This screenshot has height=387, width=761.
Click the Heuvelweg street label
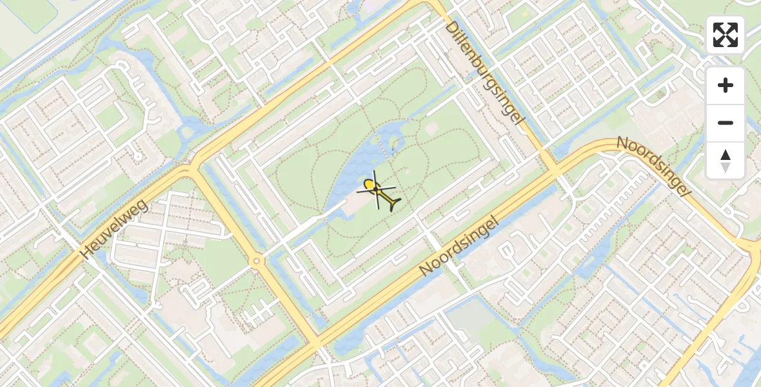(x=114, y=230)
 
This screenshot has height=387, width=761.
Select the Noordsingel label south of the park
(x=460, y=246)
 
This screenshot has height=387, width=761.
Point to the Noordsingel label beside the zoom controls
(x=653, y=167)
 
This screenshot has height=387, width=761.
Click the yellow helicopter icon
(x=379, y=192)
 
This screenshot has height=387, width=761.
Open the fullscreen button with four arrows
(x=726, y=35)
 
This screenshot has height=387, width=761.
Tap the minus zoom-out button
(x=726, y=123)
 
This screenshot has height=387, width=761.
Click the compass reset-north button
(x=726, y=160)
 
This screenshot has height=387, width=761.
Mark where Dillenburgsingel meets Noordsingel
(x=553, y=172)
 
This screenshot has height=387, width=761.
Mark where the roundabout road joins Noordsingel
(x=316, y=342)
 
